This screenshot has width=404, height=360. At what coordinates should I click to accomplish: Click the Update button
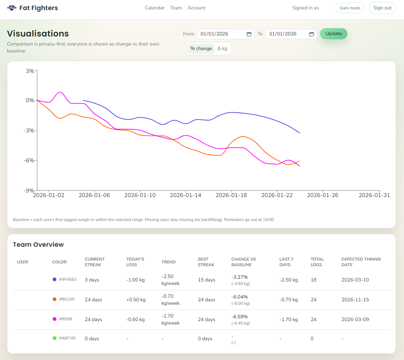click(x=333, y=34)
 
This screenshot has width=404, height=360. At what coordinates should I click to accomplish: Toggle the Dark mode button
click(x=349, y=8)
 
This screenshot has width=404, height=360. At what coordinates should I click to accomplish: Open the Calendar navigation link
click(x=155, y=8)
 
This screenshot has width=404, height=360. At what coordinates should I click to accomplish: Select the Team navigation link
click(x=176, y=8)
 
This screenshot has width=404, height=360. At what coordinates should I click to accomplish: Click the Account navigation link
click(x=197, y=8)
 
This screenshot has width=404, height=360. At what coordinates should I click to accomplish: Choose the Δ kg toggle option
click(x=222, y=49)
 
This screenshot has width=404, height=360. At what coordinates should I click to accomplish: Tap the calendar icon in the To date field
click(x=312, y=34)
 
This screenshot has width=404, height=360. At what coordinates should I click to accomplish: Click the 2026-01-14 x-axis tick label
click(x=185, y=195)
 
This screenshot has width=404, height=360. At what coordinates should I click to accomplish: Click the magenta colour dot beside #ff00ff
click(x=55, y=319)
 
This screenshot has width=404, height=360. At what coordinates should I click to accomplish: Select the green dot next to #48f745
click(x=55, y=338)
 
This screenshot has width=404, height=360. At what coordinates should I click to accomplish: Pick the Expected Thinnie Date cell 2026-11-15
click(x=355, y=300)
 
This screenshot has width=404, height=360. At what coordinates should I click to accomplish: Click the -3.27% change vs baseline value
click(x=240, y=277)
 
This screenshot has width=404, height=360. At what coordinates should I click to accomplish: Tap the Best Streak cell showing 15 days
click(x=206, y=280)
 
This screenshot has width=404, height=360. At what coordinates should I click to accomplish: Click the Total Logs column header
click(x=317, y=262)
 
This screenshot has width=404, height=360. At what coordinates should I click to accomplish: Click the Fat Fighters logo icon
click(x=12, y=8)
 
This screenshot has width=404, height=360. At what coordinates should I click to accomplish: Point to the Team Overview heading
click(x=38, y=245)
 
